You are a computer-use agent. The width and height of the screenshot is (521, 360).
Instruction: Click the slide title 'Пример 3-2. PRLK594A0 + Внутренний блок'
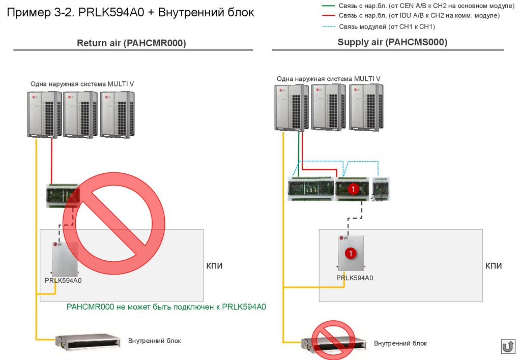(x=130, y=12)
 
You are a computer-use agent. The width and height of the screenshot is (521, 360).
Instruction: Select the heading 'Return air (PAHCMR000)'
(x=131, y=44)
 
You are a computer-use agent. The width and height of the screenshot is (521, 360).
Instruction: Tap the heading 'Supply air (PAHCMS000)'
(x=392, y=43)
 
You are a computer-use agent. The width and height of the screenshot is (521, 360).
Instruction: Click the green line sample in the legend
(x=329, y=6)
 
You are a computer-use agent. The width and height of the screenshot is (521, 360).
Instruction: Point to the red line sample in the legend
(x=329, y=16)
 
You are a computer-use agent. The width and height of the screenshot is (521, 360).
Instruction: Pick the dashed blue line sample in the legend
(x=329, y=26)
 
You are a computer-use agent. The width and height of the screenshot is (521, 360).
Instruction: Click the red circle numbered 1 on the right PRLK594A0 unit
(x=350, y=253)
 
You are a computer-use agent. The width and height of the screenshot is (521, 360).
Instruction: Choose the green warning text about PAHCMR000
(x=166, y=307)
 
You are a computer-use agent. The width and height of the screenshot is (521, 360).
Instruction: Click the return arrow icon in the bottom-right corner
(x=508, y=347)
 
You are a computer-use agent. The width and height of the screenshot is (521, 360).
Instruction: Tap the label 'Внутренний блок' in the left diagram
(x=154, y=341)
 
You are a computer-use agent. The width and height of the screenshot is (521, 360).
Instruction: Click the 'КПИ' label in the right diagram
(x=493, y=266)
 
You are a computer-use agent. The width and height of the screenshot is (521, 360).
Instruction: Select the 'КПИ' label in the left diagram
(x=214, y=266)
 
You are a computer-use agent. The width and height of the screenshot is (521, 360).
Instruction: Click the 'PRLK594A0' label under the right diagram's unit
(x=355, y=278)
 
